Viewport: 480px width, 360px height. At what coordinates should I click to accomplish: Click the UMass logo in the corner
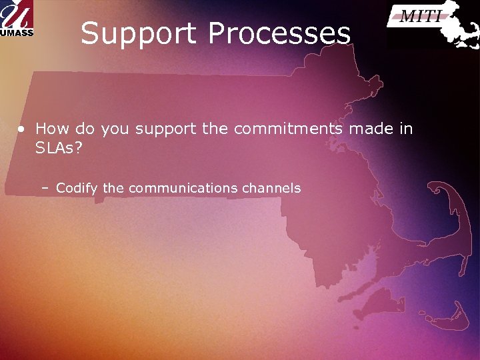click(17, 18)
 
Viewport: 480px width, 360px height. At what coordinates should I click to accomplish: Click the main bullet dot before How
click(22, 129)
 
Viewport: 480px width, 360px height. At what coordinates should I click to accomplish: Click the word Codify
click(77, 189)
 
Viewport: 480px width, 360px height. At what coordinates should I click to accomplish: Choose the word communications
click(183, 188)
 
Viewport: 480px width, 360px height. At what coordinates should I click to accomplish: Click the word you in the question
click(114, 129)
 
